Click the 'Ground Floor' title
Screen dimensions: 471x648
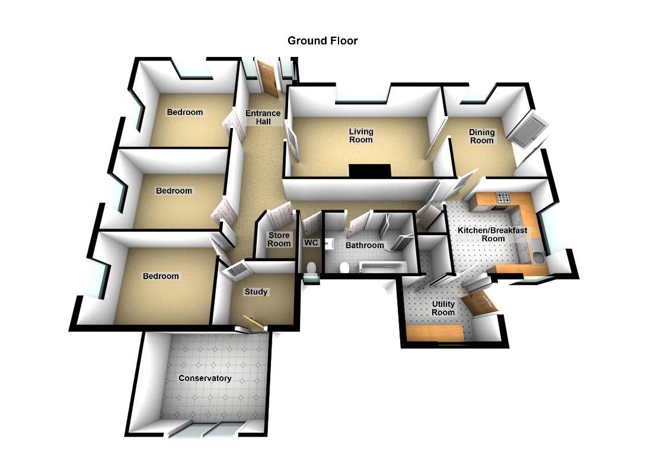pyautogui.click(x=323, y=41)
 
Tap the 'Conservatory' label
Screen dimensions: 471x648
pyautogui.click(x=205, y=379)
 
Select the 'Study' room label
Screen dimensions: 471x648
pyautogui.click(x=256, y=292)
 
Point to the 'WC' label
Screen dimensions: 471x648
pyautogui.click(x=311, y=243)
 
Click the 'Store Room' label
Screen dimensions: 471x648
pyautogui.click(x=279, y=240)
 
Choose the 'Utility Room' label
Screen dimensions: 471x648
pyautogui.click(x=443, y=308)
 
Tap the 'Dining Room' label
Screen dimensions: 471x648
pyautogui.click(x=481, y=136)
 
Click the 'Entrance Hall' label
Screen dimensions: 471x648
pyautogui.click(x=263, y=117)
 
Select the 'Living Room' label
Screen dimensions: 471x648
pyautogui.click(x=360, y=136)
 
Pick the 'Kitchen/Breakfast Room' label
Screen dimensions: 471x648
pyautogui.click(x=492, y=234)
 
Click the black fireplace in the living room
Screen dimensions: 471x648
pyautogui.click(x=369, y=171)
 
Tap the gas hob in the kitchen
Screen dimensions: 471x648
pyautogui.click(x=503, y=198)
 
